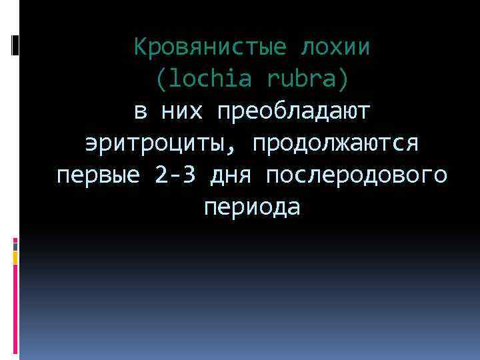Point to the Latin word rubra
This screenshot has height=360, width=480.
(306, 80)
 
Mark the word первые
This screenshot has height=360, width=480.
(99, 176)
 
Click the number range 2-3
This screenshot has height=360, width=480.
(176, 176)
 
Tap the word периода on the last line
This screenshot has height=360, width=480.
(253, 208)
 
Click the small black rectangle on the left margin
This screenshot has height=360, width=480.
(14, 45)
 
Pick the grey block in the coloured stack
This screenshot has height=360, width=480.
(15, 245)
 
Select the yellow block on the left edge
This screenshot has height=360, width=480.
(15, 257)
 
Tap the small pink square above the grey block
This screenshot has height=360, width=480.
(15, 239)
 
